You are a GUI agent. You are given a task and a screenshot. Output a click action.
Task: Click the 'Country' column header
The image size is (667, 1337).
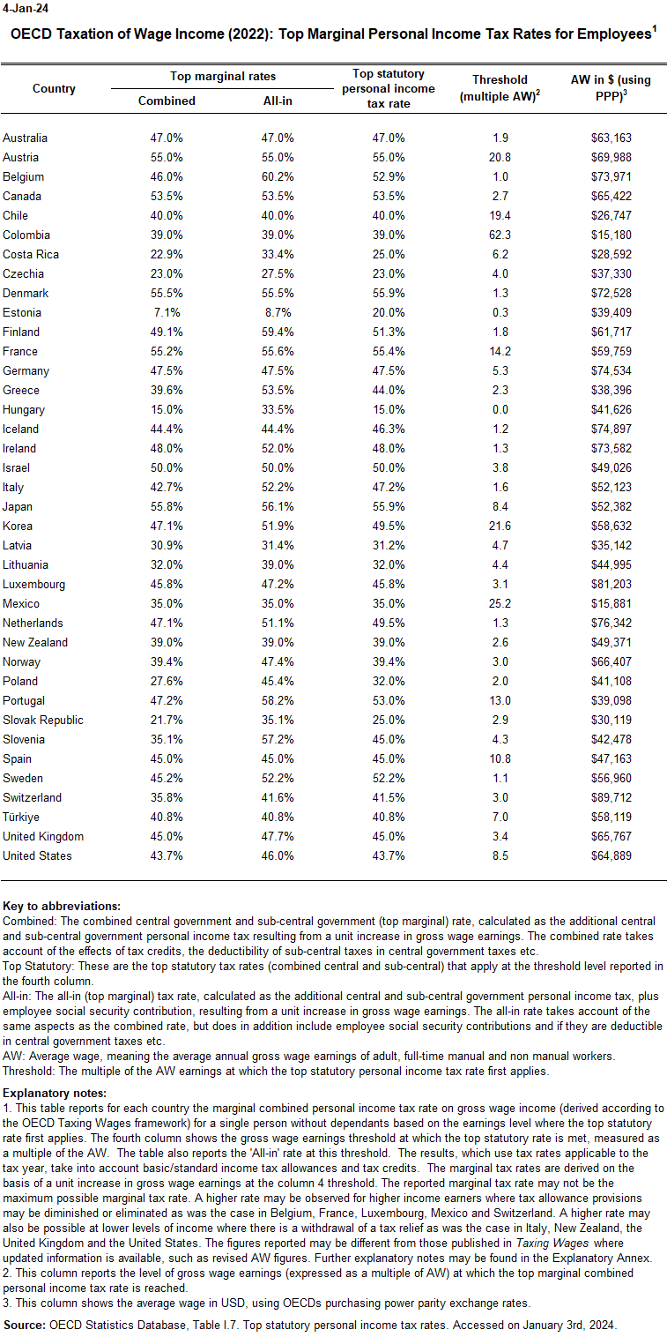54,88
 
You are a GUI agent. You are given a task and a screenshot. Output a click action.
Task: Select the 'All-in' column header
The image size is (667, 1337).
278,101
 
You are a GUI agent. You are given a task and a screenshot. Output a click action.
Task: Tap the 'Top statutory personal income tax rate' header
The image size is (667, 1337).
389,88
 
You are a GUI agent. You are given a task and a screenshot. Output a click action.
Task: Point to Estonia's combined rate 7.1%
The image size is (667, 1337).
167,312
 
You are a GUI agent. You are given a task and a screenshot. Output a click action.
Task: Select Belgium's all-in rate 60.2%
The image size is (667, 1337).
278,176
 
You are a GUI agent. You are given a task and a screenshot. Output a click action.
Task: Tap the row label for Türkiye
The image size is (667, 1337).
20,817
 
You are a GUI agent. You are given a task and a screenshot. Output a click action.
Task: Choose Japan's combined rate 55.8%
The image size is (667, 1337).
167,506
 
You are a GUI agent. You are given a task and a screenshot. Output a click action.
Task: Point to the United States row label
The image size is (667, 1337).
37,855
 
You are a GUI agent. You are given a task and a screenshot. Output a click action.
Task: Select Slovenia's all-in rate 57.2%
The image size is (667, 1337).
278,739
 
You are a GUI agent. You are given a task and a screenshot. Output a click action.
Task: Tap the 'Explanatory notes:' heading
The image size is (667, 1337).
55,1093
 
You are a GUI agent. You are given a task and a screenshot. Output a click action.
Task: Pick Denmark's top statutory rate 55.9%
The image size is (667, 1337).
389,293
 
